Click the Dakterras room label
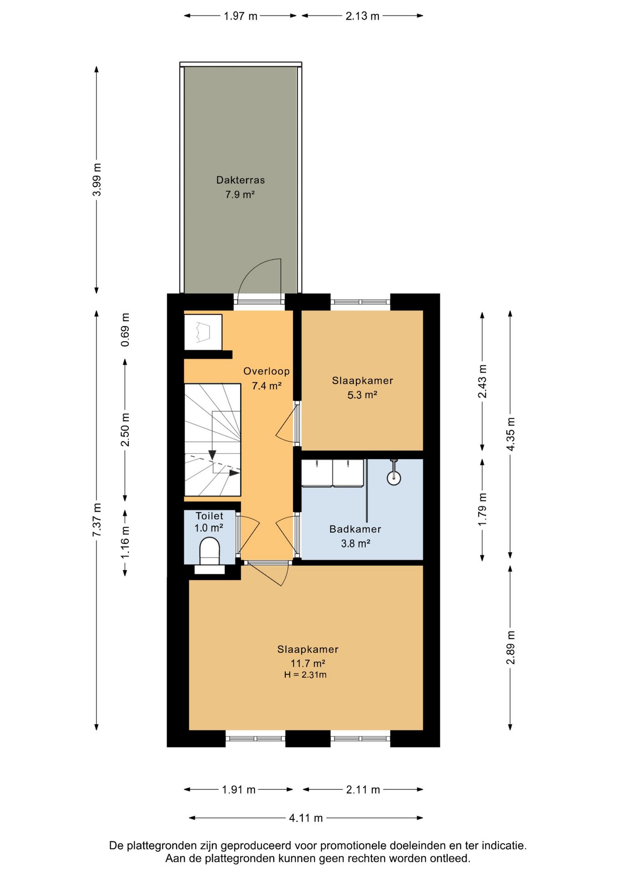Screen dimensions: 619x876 [x=240, y=180]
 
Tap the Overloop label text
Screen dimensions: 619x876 [x=266, y=371]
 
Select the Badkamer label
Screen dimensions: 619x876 [x=355, y=529]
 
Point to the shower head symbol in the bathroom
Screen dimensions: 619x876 [x=394, y=474]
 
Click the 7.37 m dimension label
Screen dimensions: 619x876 [x=97, y=520]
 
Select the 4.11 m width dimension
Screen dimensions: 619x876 [x=306, y=818]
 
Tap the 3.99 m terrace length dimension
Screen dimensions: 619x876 [x=97, y=180]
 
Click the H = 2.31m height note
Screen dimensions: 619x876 [x=305, y=675]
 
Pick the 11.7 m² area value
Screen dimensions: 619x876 [x=308, y=663]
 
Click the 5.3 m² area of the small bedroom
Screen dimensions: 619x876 [x=362, y=395]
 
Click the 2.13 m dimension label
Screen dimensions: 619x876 [x=362, y=16]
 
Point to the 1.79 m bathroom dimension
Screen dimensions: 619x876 [x=482, y=510]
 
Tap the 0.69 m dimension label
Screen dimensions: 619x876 [x=125, y=330]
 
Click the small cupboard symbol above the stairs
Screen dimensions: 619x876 [x=203, y=332]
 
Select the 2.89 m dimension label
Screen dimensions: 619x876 [x=511, y=648]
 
